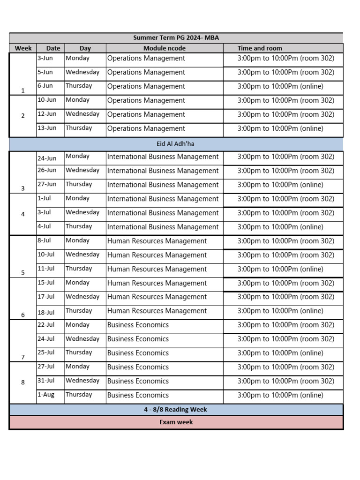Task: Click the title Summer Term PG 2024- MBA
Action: tap(176, 38)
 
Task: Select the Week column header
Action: tap(23, 48)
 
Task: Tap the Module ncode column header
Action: tap(164, 48)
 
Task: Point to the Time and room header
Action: tap(260, 48)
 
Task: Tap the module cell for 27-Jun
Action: tap(163, 185)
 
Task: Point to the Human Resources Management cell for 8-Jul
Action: tap(157, 241)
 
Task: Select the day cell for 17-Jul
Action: tap(82, 297)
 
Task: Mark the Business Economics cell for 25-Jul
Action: tap(138, 353)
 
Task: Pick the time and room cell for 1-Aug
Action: tap(280, 395)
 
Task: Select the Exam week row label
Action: tap(176, 422)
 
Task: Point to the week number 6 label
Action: tap(23, 315)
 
